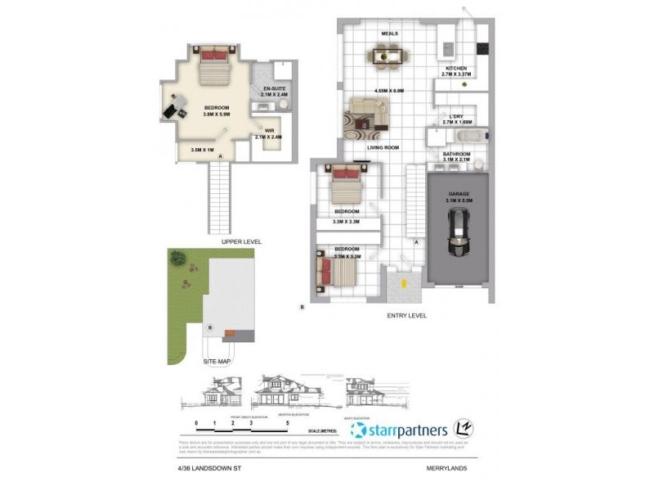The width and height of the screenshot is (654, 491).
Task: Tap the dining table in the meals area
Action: [x=389, y=56]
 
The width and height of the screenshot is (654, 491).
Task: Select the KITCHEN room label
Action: [x=455, y=69]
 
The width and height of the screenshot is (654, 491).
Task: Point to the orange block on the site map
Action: [x=231, y=332]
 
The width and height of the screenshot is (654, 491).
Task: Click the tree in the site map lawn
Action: [x=177, y=259]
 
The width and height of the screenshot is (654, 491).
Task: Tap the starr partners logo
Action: [x=400, y=430]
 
